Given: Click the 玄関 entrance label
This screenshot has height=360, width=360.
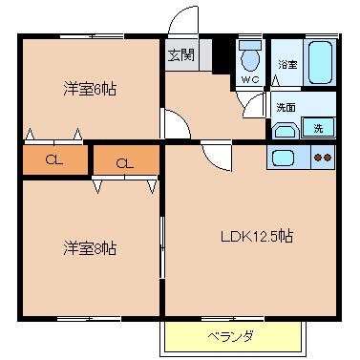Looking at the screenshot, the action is [x=180, y=55].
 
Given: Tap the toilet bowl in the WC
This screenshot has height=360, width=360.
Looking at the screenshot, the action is [x=250, y=56].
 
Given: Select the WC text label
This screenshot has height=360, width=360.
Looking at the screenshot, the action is [x=250, y=79].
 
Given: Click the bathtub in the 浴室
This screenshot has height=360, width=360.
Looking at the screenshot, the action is [x=320, y=62].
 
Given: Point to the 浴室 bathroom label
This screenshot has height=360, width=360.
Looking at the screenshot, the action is [x=287, y=65].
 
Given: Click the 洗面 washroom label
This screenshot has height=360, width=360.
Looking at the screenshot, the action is [x=286, y=108].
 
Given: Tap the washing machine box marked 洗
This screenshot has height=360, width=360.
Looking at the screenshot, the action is [x=318, y=127].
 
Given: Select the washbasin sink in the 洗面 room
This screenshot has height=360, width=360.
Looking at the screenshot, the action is [x=286, y=131].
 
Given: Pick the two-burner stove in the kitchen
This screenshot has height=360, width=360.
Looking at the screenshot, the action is [x=323, y=158].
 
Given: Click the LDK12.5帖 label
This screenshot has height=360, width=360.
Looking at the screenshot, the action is [x=257, y=237].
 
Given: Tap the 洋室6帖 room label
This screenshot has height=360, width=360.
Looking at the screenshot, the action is [x=90, y=89].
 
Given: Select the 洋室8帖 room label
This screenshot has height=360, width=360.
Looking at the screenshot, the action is [x=90, y=248].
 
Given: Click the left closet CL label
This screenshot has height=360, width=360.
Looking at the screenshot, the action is [x=54, y=159].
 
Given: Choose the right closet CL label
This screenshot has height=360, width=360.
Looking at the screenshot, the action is [x=125, y=163].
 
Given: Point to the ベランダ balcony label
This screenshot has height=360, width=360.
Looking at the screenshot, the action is [x=230, y=336].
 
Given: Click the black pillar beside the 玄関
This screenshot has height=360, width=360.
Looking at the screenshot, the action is [x=222, y=56].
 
